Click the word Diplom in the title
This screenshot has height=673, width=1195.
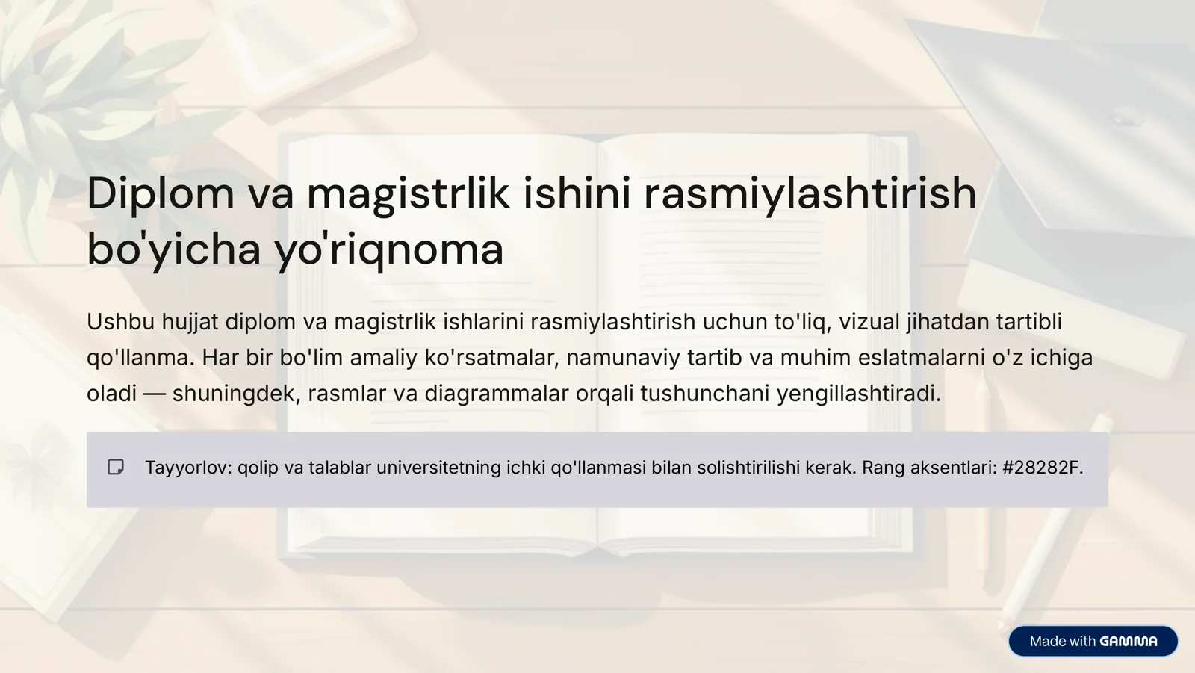(x=161, y=193)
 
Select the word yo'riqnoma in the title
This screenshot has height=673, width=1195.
(x=389, y=249)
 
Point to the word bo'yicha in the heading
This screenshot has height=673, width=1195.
(x=174, y=249)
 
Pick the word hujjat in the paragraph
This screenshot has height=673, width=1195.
(x=190, y=322)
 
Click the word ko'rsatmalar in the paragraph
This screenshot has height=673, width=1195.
(x=491, y=358)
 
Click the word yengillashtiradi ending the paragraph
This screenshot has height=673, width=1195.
(x=858, y=394)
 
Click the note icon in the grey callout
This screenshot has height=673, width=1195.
(x=116, y=468)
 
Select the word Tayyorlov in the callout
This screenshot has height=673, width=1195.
(x=188, y=468)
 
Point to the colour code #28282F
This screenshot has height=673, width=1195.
(x=1042, y=468)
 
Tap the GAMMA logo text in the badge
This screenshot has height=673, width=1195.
(x=1129, y=642)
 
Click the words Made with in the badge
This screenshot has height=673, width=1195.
(x=1062, y=642)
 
